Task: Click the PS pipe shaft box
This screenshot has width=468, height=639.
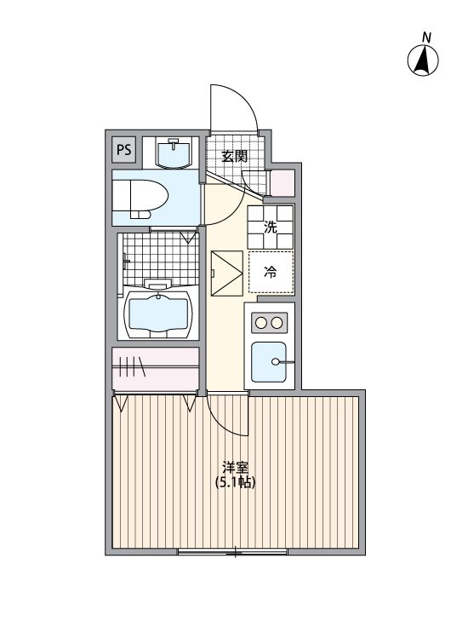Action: point(124,151)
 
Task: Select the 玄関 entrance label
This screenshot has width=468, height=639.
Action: point(235,156)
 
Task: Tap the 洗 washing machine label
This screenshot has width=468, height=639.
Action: point(270,227)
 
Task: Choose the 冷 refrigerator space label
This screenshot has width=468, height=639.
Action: point(270,273)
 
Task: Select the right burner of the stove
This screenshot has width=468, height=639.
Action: point(277,323)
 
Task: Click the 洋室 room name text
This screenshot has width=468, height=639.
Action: point(235,468)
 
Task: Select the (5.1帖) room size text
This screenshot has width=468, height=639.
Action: point(235,482)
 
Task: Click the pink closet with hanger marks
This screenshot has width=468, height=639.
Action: point(157,369)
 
